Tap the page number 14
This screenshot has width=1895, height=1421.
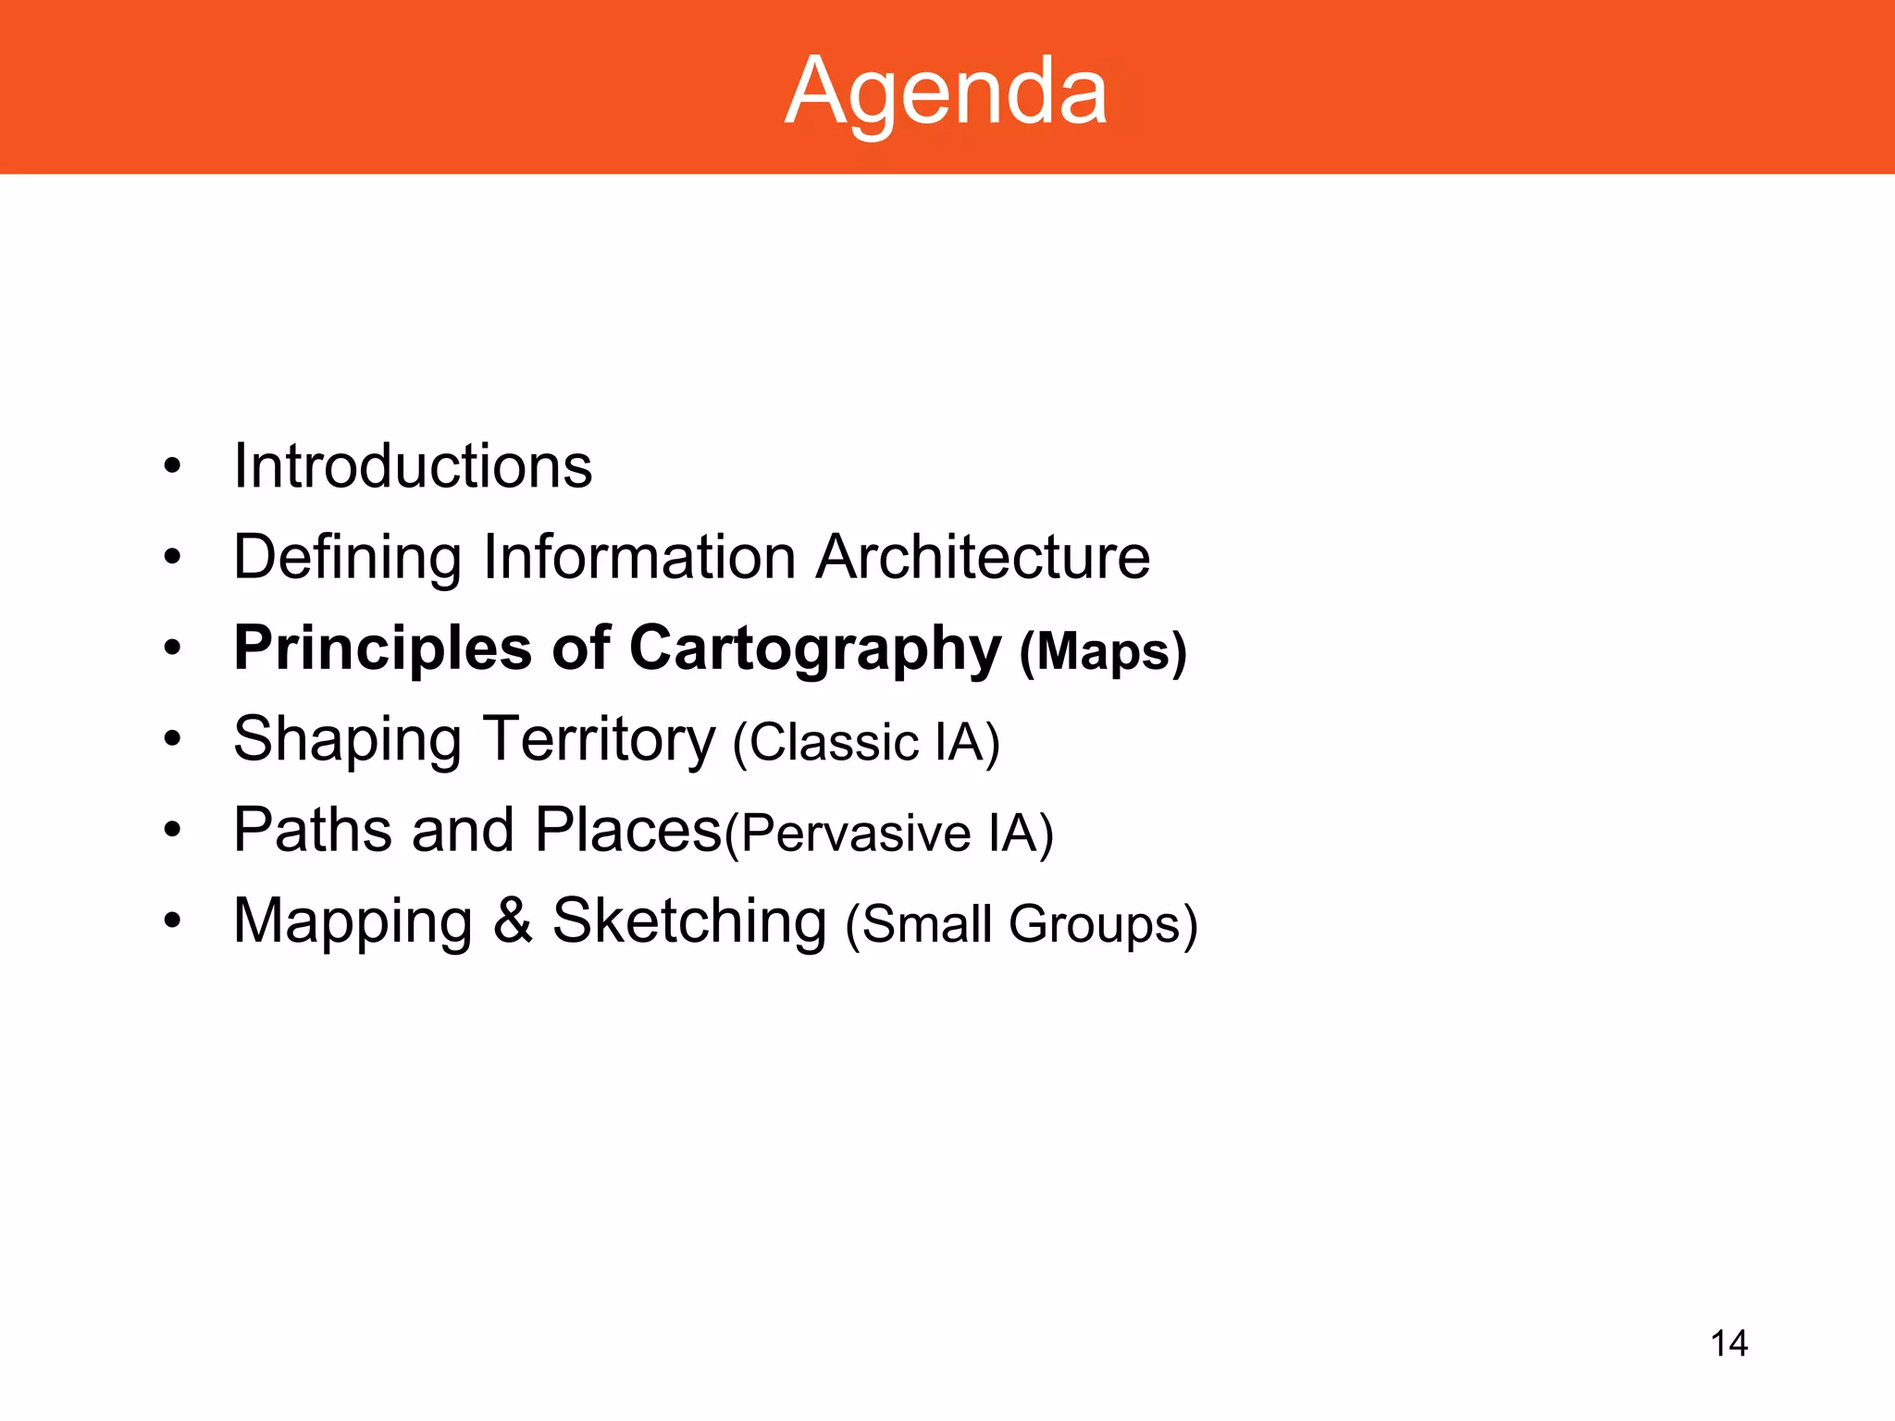point(1728,1343)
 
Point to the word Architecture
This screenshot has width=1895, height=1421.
point(983,557)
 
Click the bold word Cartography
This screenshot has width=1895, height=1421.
point(815,649)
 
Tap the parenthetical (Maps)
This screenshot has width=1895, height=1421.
point(1103,651)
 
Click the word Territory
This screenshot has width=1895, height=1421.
point(600,740)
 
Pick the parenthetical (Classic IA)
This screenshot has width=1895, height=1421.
point(866,743)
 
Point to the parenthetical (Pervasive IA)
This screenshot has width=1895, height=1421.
point(889,833)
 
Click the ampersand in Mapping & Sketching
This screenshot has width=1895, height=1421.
point(513,921)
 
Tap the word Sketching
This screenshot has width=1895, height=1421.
point(689,921)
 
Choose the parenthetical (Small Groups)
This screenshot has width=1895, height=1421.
point(1022,924)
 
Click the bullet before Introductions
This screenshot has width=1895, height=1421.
point(172,466)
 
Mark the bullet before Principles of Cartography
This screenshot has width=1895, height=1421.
point(172,649)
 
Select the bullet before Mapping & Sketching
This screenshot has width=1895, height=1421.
point(172,921)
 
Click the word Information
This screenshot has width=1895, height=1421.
point(638,557)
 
